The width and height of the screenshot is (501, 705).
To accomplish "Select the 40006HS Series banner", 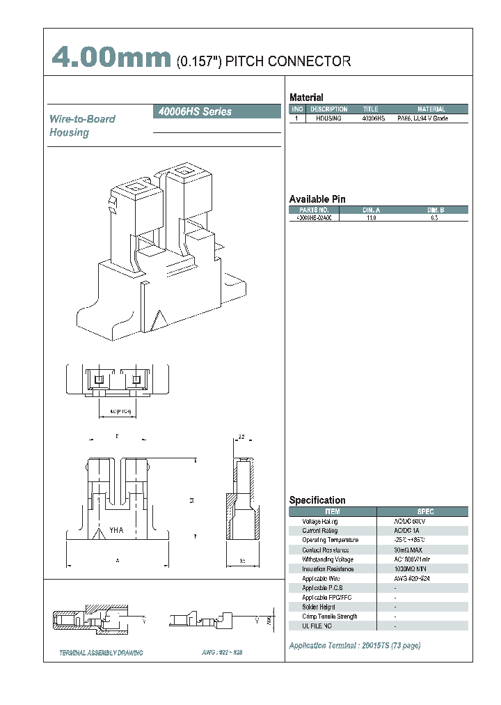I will [x=216, y=111].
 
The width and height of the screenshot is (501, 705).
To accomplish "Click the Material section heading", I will [x=306, y=98].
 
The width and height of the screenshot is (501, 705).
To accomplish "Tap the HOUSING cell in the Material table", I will [x=328, y=119].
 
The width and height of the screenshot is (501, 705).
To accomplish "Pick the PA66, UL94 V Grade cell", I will [x=422, y=119].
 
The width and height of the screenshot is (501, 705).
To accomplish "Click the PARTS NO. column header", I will [x=314, y=209].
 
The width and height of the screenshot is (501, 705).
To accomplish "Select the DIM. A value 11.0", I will [x=371, y=218].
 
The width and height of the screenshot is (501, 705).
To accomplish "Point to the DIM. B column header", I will [x=433, y=209].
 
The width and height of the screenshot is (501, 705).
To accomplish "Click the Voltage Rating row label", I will [x=320, y=522].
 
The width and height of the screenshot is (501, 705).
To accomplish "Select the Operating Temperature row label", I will [x=331, y=541].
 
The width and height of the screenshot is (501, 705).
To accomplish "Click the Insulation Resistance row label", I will [x=328, y=569].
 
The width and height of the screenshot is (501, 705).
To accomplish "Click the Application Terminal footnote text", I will [x=354, y=646].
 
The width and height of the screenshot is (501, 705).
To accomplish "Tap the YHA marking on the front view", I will [x=116, y=531].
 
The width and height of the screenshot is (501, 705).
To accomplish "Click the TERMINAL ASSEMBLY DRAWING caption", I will [x=102, y=653].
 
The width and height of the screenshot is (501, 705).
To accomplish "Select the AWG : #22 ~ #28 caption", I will [x=222, y=653].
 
